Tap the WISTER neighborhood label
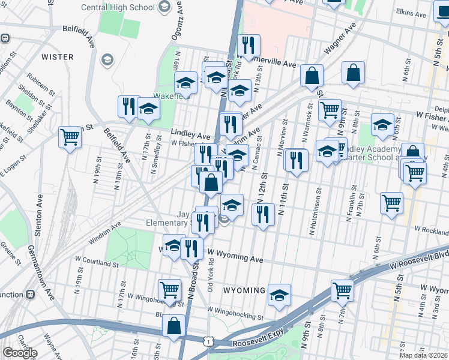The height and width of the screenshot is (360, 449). click(x=58, y=57)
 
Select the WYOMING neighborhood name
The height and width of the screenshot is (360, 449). click(x=244, y=290)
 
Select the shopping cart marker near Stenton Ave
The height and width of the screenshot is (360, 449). click(x=70, y=137)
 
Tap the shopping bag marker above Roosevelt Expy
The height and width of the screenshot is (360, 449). click(x=173, y=326)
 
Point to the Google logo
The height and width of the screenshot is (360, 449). click(x=20, y=353)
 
